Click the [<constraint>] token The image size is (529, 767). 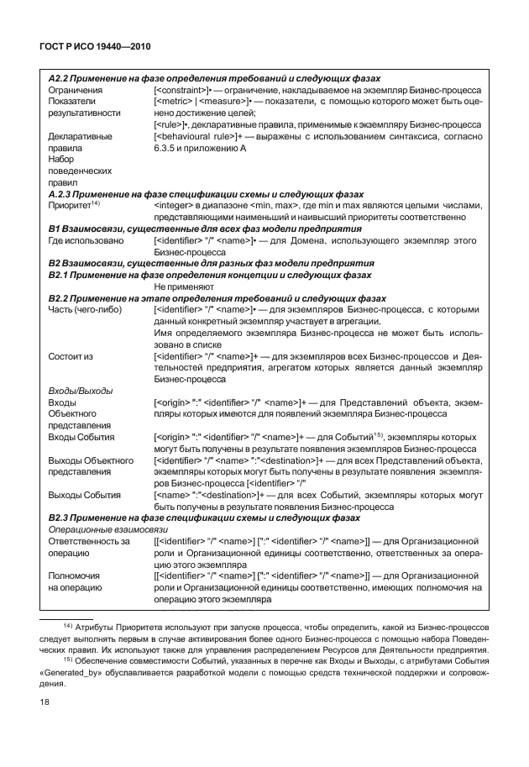coord(187,88)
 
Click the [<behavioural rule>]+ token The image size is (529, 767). coord(199,135)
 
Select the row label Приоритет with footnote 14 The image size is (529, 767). coord(74,204)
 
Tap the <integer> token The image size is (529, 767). coord(174,204)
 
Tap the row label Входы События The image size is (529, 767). coord(84,438)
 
